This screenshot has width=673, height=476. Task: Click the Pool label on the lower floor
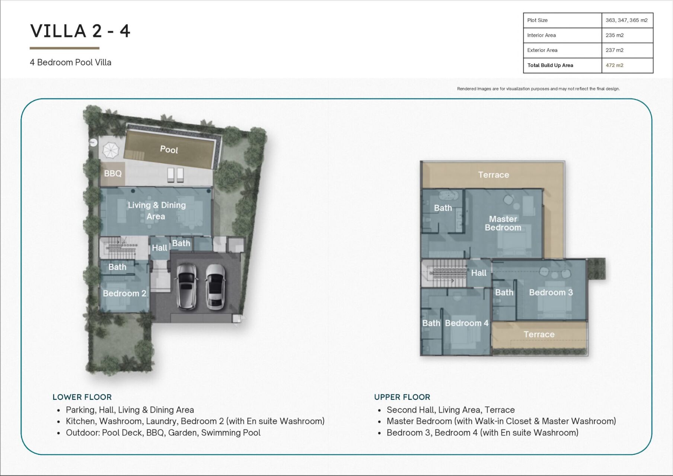point(169,149)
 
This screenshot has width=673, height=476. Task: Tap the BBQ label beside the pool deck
point(113,173)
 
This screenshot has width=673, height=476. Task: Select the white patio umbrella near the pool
point(111,151)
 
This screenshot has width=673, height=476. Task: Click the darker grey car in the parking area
point(186,286)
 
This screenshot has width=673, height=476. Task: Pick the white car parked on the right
point(215,287)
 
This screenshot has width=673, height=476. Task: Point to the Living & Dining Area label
point(157,210)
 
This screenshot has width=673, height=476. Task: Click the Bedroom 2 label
point(124,293)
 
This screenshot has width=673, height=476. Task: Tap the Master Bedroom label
point(503,223)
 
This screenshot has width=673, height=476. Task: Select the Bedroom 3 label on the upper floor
point(551,292)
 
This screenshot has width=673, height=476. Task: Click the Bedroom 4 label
point(467,323)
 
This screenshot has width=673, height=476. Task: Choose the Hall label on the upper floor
point(479,273)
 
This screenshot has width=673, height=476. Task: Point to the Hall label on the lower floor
point(159,248)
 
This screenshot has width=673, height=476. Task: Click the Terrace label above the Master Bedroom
point(494,175)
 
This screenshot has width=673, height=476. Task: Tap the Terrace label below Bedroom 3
point(539,334)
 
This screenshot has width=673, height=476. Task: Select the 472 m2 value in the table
point(614,65)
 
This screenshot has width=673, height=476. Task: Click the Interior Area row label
point(541,35)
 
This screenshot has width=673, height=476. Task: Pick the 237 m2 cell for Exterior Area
point(614,50)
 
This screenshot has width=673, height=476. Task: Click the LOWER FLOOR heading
point(82,397)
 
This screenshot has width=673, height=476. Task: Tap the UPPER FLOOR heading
point(402,397)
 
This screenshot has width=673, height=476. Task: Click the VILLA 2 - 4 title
point(80,31)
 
